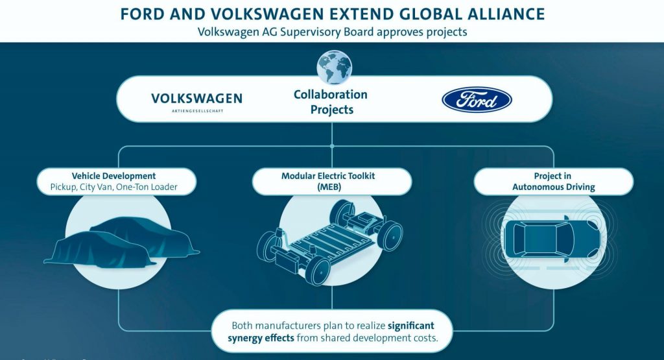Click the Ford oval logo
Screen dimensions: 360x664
pos(477,100)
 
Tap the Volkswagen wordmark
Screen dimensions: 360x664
pos(196,99)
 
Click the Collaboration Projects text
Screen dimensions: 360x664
pos(331,102)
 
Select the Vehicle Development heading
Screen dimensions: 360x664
pos(113,176)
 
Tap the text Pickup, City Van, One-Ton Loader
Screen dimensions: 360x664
pos(113,187)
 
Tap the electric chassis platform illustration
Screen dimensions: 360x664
pos(331,237)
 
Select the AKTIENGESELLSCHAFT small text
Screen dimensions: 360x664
pos(196,111)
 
